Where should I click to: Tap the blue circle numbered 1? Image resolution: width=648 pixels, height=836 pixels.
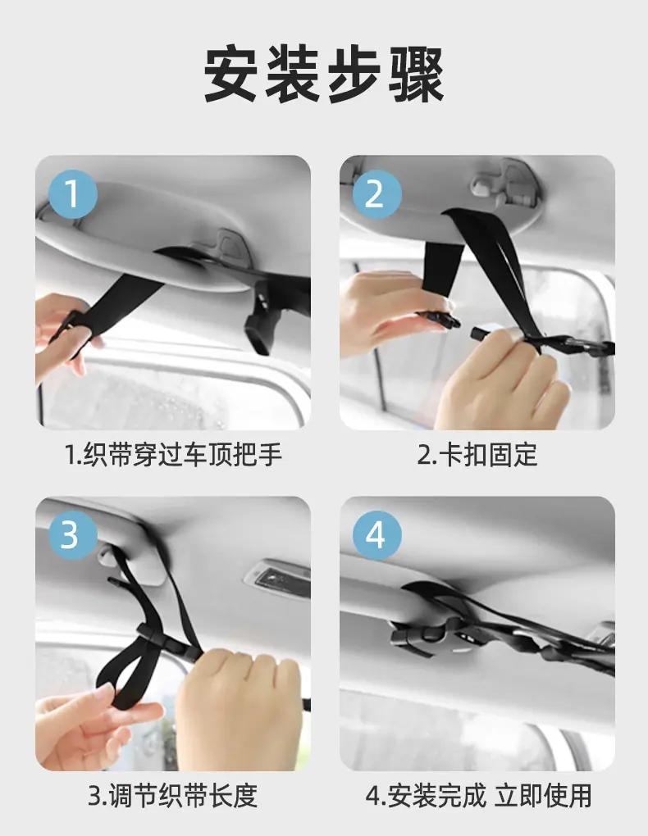(73, 194)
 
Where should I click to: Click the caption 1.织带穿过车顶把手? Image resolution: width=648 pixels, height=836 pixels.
(173, 455)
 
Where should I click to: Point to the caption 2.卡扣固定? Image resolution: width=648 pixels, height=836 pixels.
(477, 455)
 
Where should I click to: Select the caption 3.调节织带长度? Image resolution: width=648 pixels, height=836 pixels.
(173, 796)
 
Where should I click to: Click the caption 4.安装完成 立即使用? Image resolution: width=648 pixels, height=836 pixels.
(479, 796)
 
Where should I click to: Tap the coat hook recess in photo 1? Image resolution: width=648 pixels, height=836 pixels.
(230, 243)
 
